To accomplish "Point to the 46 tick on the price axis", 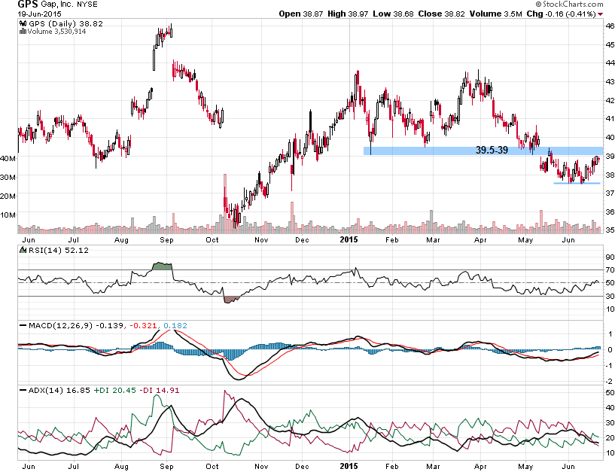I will coord(610,26).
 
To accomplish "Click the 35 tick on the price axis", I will coord(610,230).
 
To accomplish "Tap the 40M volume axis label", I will coord(9,159).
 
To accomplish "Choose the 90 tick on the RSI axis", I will coord(610,257).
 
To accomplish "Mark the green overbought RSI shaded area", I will coord(162,266).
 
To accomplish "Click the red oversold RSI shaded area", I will coord(231,299).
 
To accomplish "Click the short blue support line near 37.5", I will coord(577,183).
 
